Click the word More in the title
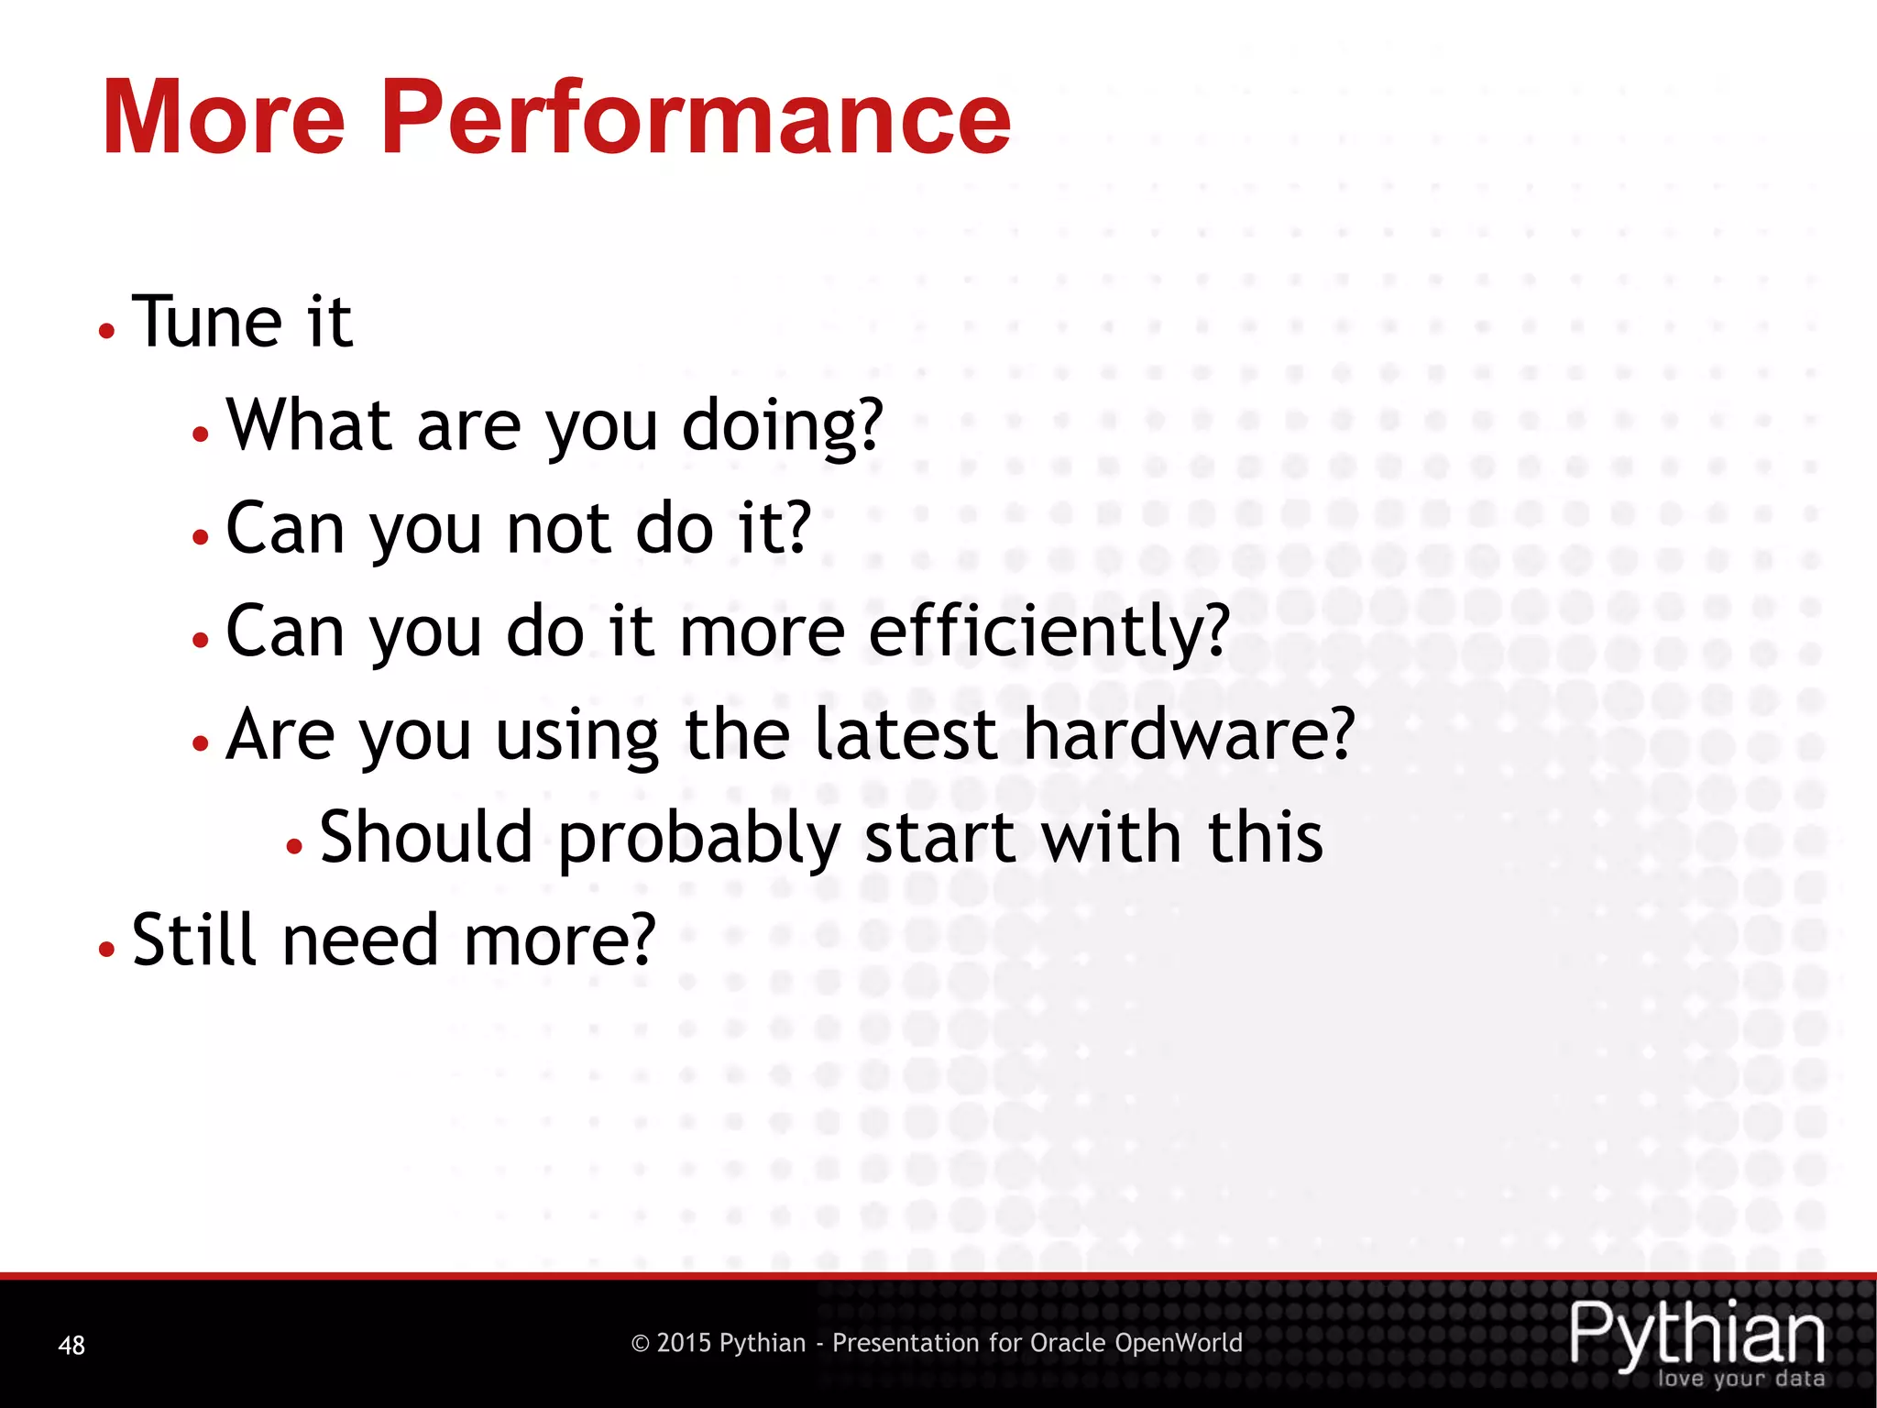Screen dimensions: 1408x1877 tap(224, 119)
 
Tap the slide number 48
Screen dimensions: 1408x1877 tap(71, 1345)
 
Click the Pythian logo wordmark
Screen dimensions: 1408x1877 tap(1696, 1334)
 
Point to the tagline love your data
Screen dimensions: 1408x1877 tap(1740, 1379)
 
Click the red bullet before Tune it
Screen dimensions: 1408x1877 tap(107, 331)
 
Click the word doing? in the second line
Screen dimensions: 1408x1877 tap(782, 426)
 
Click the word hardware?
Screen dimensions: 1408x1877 tap(1188, 734)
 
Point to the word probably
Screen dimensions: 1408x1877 tap(698, 840)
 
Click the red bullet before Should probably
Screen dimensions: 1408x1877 tap(294, 846)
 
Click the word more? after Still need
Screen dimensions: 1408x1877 tap(560, 941)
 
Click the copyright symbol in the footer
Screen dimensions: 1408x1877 tap(641, 1344)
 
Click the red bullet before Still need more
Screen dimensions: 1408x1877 tap(107, 950)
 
